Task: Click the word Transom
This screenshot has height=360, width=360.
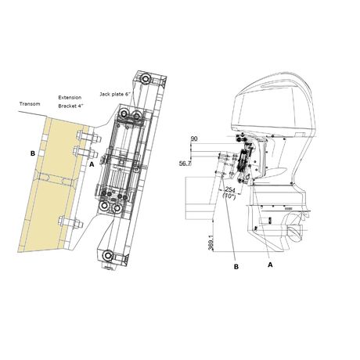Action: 30,104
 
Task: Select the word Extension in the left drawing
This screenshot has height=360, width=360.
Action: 70,98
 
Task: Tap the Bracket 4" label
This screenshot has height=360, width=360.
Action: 70,106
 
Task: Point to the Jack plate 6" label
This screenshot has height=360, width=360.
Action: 115,94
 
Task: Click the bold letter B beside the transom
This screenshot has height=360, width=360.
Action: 33,153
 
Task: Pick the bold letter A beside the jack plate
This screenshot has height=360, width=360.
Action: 92,164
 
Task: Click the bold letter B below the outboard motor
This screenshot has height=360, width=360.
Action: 236,267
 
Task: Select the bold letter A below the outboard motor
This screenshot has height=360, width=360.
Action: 270,265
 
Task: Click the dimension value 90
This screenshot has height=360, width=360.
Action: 194,139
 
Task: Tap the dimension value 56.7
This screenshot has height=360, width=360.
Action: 185,164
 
